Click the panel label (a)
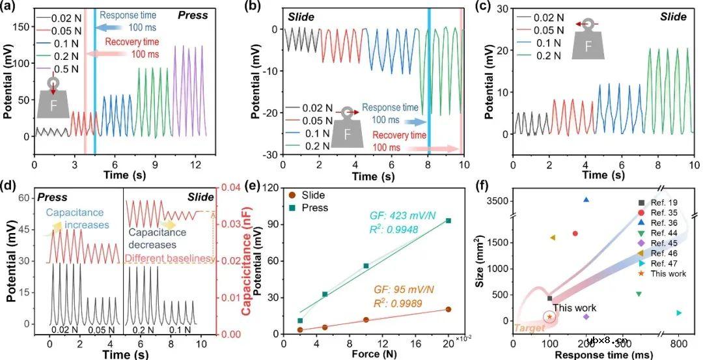tap(12, 7)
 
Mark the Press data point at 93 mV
tap(448, 221)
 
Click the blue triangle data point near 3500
tap(586, 200)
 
